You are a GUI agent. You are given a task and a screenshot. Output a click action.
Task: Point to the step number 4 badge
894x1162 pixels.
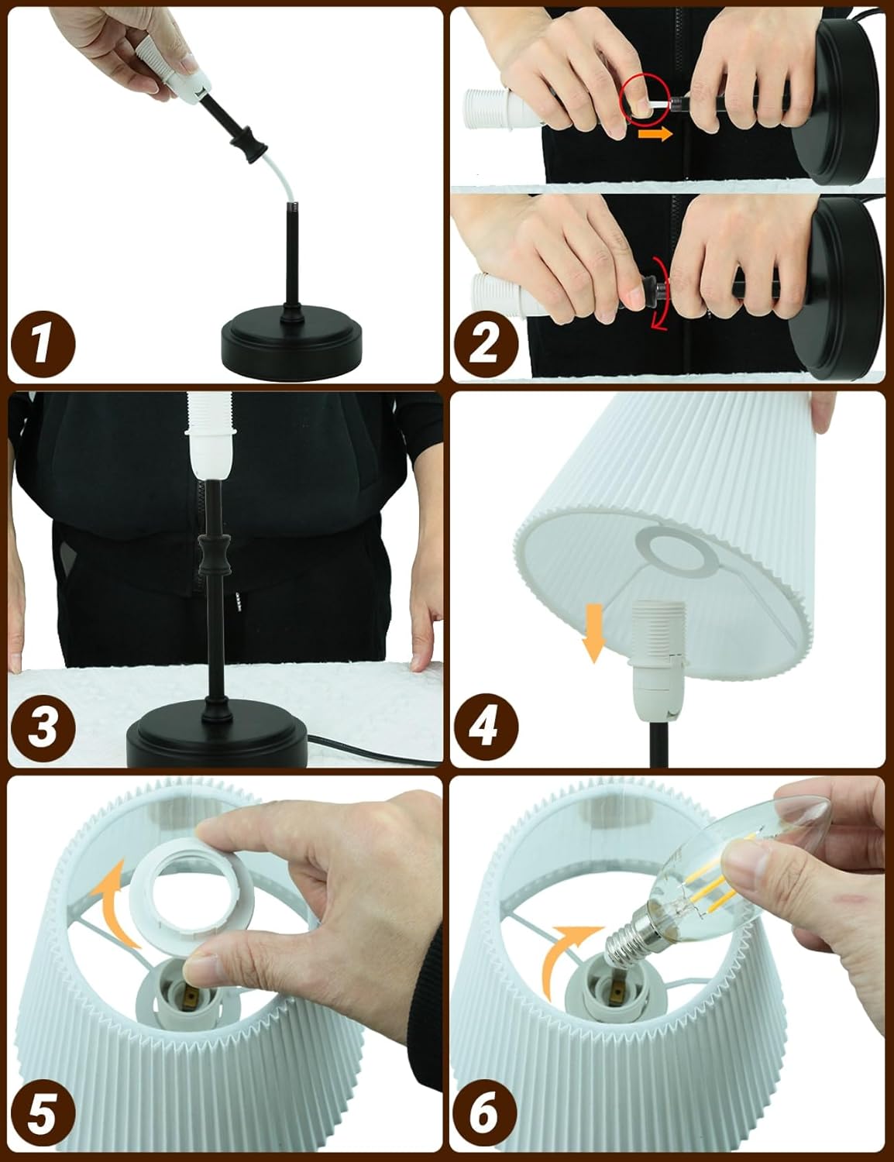(x=486, y=727)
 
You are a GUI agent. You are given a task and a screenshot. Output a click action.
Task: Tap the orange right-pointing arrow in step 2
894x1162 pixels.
(x=655, y=134)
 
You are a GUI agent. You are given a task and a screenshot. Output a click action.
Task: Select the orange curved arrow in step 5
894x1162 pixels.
(x=115, y=904)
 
